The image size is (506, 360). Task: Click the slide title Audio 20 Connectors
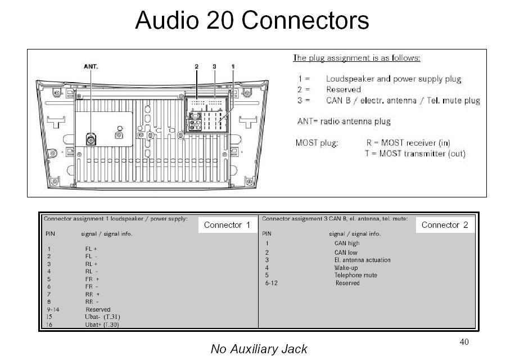tap(252, 21)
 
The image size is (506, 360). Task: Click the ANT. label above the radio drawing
tap(91, 66)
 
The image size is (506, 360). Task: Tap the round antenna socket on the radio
tap(91, 137)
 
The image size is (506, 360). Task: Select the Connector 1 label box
tap(227, 225)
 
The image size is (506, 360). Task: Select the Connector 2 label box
tap(444, 225)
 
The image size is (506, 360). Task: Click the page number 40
tap(464, 341)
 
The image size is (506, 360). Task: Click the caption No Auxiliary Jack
tap(259, 349)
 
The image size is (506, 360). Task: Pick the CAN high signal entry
tap(347, 243)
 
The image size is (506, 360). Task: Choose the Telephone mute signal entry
tap(356, 275)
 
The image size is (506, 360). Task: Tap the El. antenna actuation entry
tap(362, 260)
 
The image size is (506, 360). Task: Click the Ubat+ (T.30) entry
tap(102, 325)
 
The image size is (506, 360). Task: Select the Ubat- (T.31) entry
tap(102, 317)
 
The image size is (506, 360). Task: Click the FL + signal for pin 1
tap(91, 249)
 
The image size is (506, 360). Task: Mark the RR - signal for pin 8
tap(92, 301)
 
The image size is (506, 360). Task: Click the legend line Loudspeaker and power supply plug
tap(394, 79)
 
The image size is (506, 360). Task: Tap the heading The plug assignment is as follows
tap(356, 58)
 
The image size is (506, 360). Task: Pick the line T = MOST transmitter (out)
tap(415, 154)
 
